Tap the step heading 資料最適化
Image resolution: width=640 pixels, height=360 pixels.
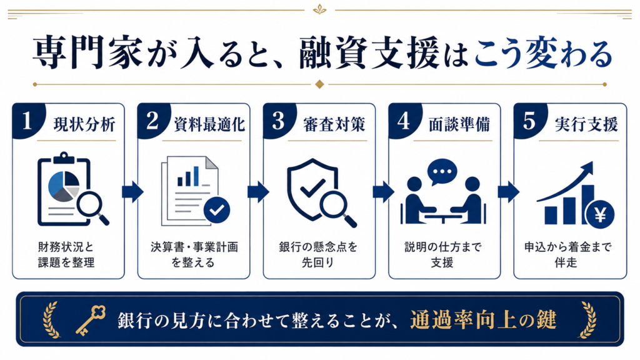(x=209, y=124)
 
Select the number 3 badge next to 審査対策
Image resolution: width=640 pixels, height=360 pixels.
(x=278, y=121)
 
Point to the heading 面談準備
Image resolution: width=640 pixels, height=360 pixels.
(x=459, y=124)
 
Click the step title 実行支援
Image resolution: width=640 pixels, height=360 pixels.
(x=586, y=124)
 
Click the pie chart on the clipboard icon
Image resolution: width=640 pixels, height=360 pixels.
(x=64, y=186)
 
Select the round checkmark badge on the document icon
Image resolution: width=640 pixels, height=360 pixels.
(x=217, y=210)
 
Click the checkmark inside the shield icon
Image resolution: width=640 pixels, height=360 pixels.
(x=312, y=188)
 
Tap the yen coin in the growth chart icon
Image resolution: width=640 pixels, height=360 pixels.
(x=600, y=215)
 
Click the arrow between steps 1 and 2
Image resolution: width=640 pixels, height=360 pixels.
(x=132, y=191)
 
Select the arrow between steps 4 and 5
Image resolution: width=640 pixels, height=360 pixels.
(x=509, y=191)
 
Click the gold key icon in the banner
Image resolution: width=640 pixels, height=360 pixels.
(x=91, y=320)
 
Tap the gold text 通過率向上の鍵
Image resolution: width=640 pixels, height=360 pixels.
(x=483, y=319)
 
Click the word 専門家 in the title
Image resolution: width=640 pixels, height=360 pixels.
(x=87, y=54)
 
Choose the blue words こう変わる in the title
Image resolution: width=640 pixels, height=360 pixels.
(x=543, y=54)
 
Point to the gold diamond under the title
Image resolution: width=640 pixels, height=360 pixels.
(x=319, y=84)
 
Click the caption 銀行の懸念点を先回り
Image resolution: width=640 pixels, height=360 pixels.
(x=318, y=254)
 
